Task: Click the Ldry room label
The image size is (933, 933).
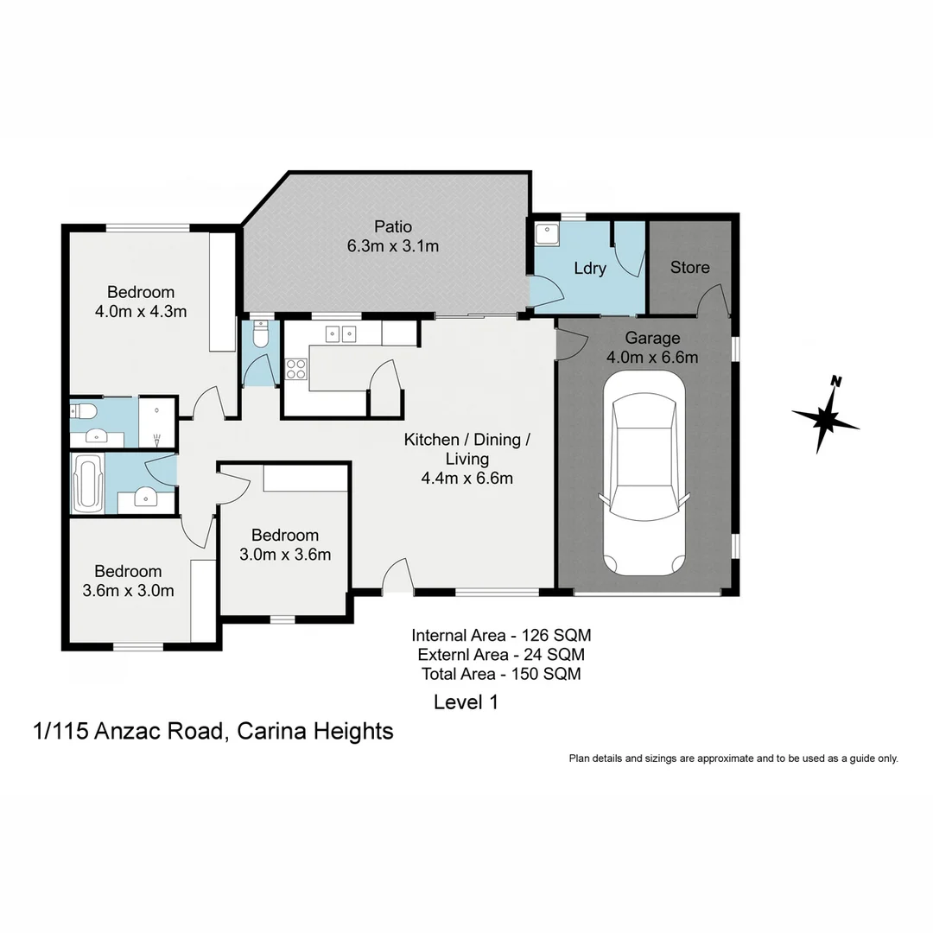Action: (x=590, y=268)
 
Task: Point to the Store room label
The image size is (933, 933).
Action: (x=690, y=267)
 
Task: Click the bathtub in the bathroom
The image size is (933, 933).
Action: (x=88, y=485)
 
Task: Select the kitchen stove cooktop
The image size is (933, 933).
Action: (x=296, y=369)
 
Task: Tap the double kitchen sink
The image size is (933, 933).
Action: (x=340, y=333)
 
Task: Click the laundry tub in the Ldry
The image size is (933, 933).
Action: (x=547, y=233)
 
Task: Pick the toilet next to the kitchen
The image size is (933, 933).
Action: (x=261, y=333)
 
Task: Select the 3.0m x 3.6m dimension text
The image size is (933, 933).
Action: (x=285, y=555)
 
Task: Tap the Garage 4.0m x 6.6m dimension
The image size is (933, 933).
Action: (x=652, y=357)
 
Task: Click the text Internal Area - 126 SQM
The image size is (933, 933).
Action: (x=501, y=635)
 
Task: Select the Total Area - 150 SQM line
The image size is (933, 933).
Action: (x=501, y=674)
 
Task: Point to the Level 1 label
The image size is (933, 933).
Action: (x=466, y=702)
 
